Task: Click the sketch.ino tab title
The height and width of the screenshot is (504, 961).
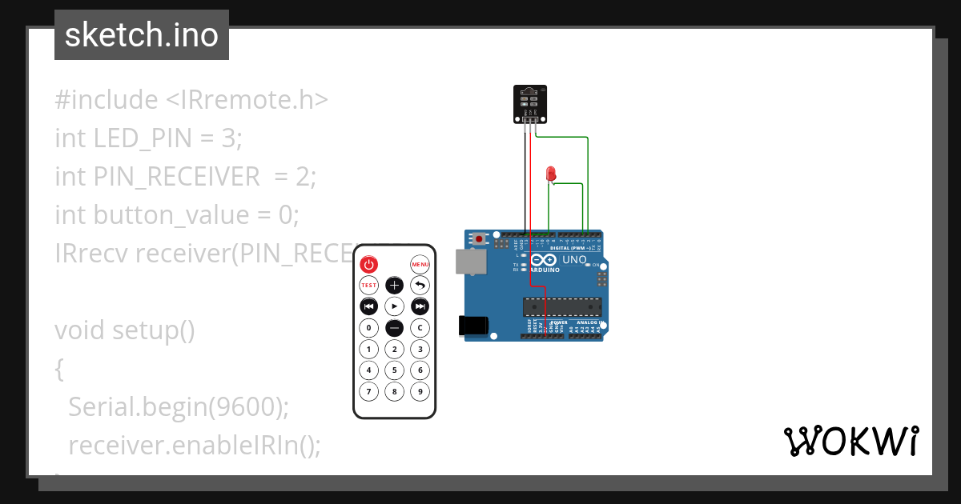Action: [x=142, y=35]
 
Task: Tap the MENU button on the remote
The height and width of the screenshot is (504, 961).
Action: [x=420, y=264]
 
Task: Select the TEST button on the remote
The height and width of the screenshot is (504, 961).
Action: [x=368, y=285]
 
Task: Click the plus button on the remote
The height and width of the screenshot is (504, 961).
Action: [x=394, y=285]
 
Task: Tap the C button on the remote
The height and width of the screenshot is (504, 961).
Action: [x=420, y=327]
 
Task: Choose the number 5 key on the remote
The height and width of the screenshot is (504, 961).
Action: [x=394, y=370]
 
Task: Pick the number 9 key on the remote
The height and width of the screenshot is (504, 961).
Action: [x=420, y=391]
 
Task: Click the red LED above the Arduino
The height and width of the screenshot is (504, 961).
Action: [x=550, y=173]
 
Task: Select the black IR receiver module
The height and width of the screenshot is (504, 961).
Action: [x=529, y=104]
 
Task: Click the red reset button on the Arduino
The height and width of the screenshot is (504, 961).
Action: [x=479, y=238]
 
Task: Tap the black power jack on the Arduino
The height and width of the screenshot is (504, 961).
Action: [x=472, y=325]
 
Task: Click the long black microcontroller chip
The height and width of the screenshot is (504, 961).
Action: [x=562, y=306]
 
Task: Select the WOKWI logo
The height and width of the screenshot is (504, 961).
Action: [x=850, y=441]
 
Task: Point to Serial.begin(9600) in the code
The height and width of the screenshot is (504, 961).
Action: [x=178, y=407]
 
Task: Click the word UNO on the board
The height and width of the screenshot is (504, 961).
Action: [x=575, y=260]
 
